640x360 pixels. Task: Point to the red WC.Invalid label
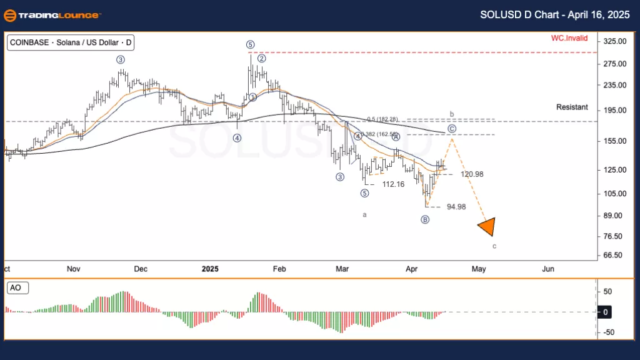[569, 38]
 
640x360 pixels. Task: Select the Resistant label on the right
[572, 107]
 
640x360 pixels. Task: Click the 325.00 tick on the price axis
[612, 41]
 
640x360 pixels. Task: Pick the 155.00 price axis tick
[612, 141]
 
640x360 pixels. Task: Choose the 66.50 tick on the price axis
[612, 256]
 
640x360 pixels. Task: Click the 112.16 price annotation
[394, 184]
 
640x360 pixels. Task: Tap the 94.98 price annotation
[456, 207]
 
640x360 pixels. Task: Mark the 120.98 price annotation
[472, 174]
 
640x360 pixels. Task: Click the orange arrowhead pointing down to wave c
[487, 227]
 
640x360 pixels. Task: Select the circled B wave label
[425, 219]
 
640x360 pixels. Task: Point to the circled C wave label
[452, 129]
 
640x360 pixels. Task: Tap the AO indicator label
[17, 288]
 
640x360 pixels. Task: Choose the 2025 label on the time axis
[210, 269]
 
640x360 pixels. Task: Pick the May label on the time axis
[479, 269]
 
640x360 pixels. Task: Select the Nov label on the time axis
[74, 269]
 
